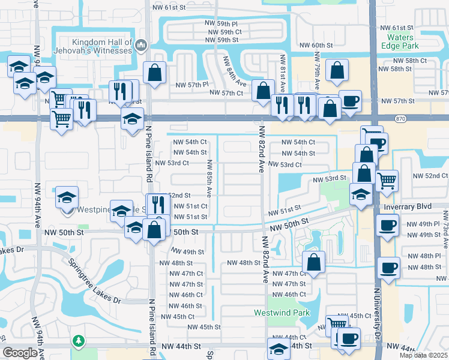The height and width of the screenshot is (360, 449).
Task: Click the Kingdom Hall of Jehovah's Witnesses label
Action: pyautogui.click(x=101, y=46)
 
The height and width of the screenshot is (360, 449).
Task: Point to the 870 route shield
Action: pyautogui.click(x=400, y=119)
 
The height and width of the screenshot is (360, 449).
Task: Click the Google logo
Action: pyautogui.click(x=20, y=353)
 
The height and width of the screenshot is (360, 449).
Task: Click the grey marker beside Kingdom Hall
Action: pyautogui.click(x=141, y=44)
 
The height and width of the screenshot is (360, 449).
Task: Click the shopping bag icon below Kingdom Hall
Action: pyautogui.click(x=155, y=73)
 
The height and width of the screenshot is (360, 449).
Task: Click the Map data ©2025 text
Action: pyautogui.click(x=424, y=355)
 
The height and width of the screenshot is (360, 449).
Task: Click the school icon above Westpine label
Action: pyautogui.click(x=67, y=196)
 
